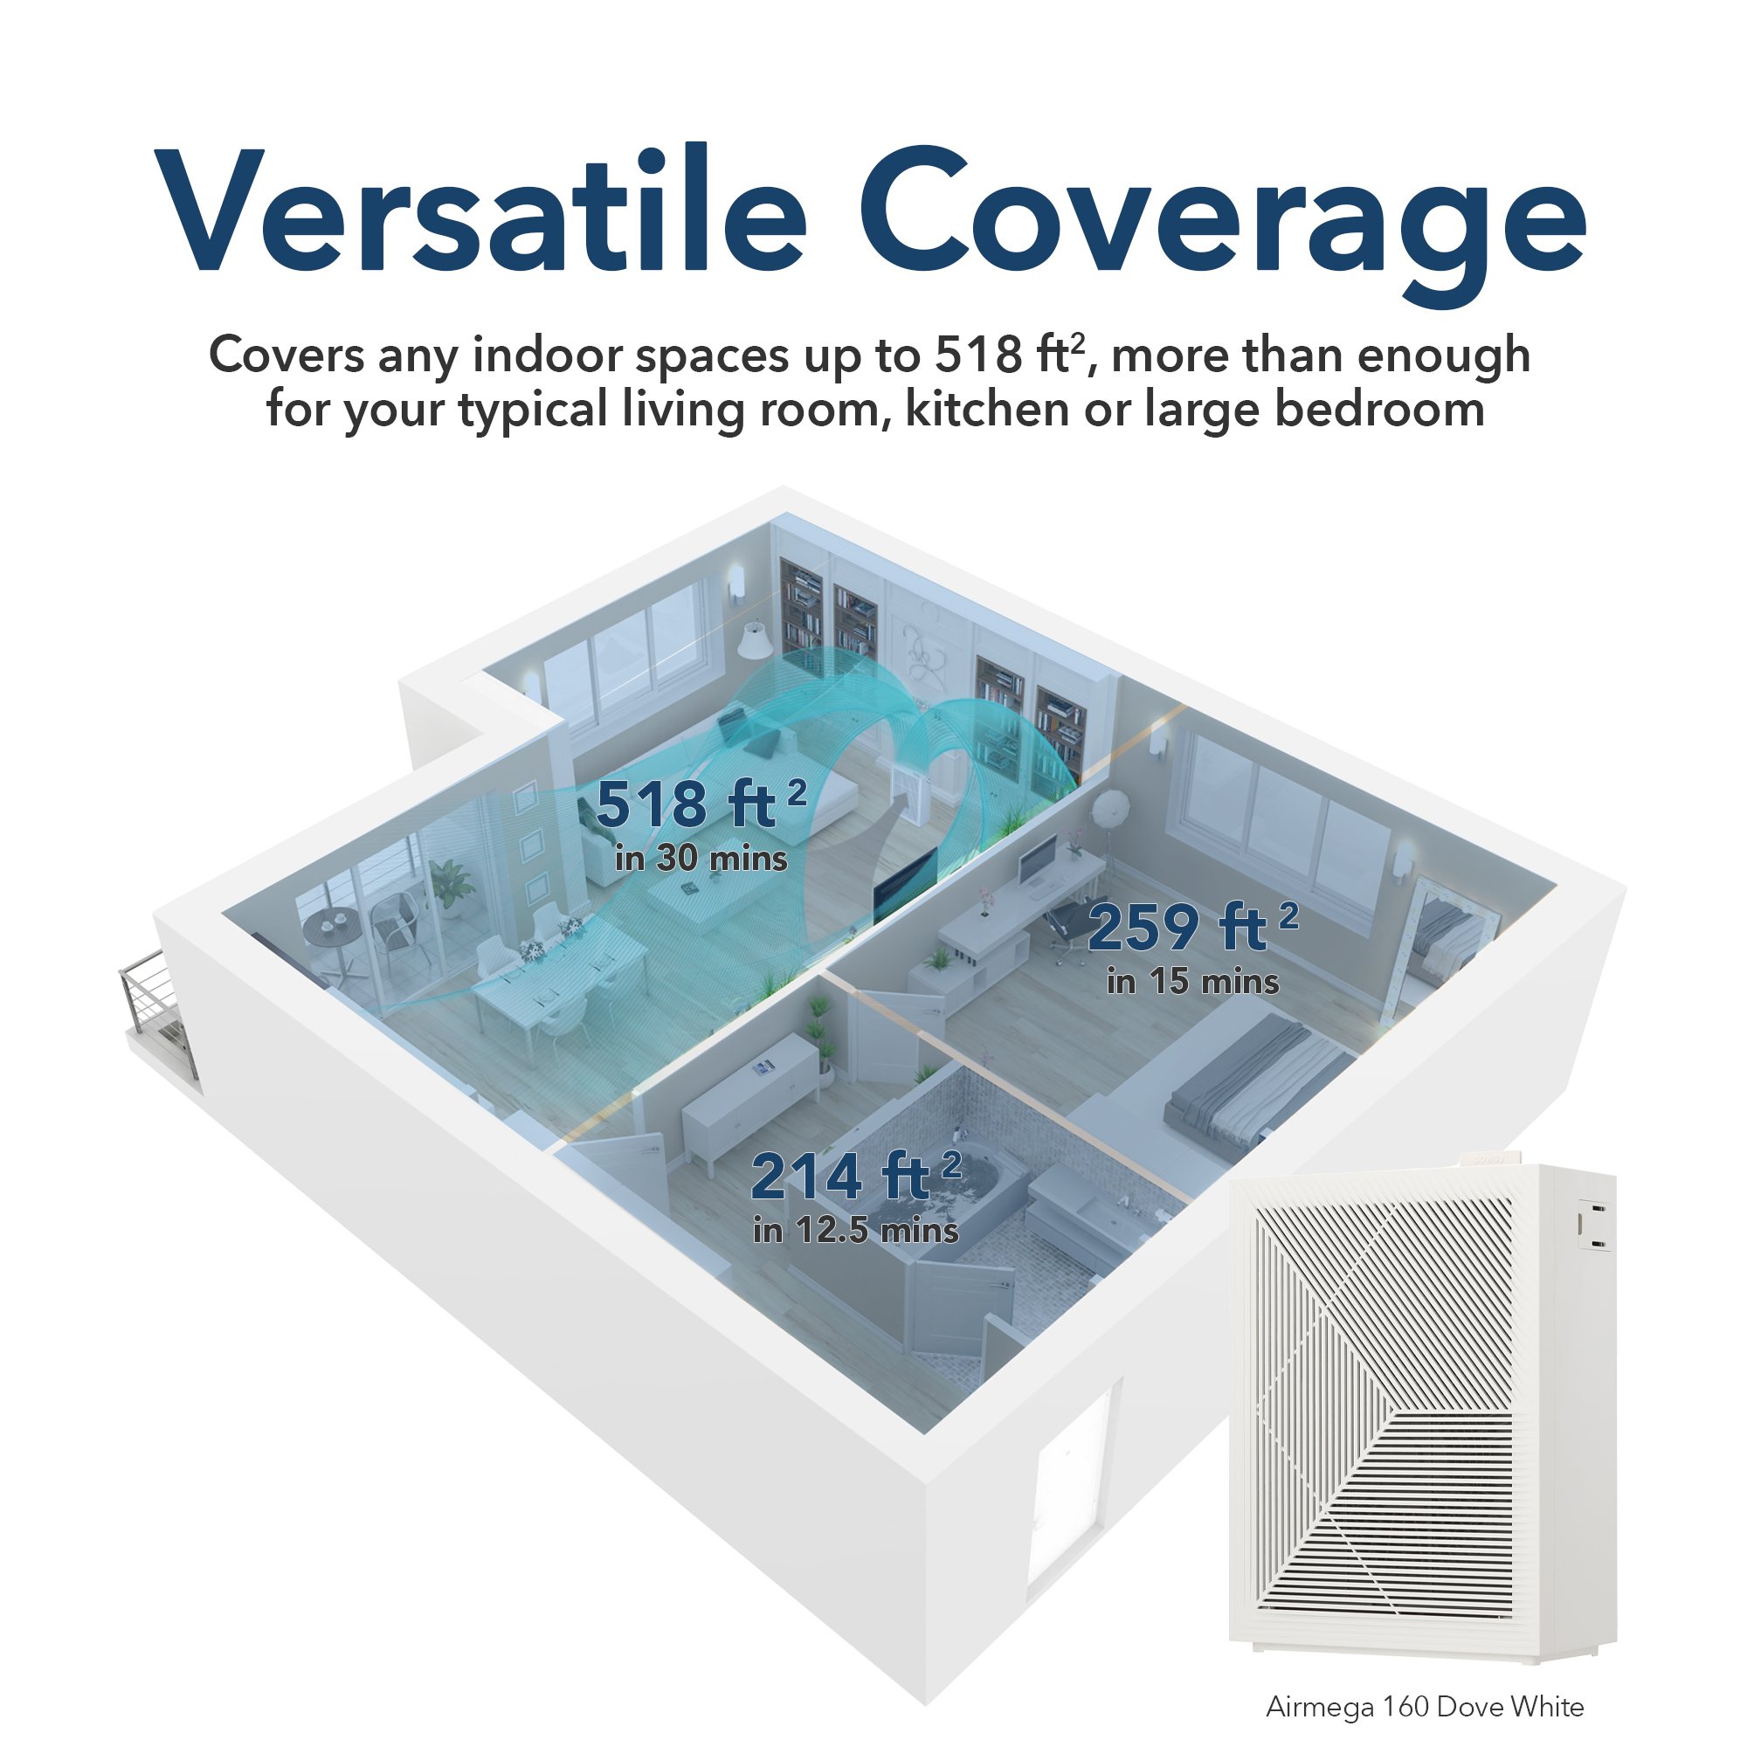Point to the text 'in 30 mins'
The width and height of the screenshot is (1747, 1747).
(701, 858)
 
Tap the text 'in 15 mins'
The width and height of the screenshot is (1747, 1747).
(1192, 982)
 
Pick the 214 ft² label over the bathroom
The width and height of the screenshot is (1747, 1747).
(855, 1176)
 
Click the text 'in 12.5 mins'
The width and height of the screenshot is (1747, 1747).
(855, 1231)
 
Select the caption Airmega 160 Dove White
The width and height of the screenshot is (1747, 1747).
(1425, 1707)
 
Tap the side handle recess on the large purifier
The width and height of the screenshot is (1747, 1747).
(1595, 1226)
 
